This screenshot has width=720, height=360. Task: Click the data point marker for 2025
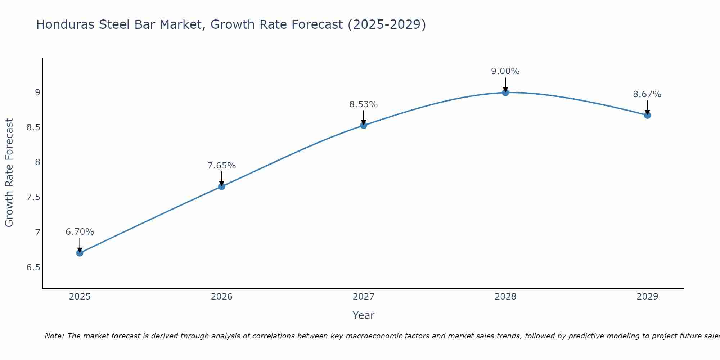[80, 253]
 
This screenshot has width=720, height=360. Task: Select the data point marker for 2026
[222, 186]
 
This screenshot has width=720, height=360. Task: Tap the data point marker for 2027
[364, 125]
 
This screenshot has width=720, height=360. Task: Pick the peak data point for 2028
[505, 93]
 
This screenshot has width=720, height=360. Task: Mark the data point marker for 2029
[647, 115]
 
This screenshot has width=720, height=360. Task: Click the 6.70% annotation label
[80, 232]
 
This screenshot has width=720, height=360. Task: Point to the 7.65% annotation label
[222, 166]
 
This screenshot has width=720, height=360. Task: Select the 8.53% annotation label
[364, 104]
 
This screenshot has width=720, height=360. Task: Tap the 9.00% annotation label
[505, 71]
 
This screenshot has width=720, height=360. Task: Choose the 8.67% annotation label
[647, 94]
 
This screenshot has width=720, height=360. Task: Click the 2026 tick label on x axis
[222, 297]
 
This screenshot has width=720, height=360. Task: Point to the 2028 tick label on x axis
[505, 297]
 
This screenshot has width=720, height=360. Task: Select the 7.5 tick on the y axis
[33, 197]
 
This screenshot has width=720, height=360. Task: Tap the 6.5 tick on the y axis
[33, 267]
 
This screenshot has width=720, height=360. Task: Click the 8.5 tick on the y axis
[33, 127]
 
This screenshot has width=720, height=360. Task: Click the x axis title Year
[364, 315]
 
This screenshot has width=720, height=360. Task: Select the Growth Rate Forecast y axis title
[9, 173]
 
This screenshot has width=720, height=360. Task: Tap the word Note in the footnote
[54, 336]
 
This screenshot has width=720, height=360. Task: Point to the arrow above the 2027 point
[364, 117]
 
